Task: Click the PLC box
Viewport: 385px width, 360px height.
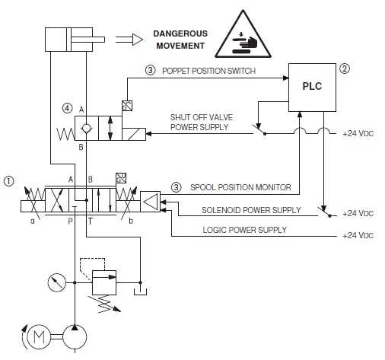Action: click(x=312, y=88)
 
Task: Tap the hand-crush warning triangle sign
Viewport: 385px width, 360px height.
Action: click(x=243, y=36)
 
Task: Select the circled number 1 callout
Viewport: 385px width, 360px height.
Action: click(x=9, y=181)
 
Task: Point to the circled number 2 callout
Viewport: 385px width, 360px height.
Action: click(x=345, y=68)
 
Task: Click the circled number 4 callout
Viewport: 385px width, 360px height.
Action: click(x=67, y=109)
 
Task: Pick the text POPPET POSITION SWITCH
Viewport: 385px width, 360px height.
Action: click(x=208, y=71)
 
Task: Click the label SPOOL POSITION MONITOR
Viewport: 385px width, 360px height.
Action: click(x=240, y=187)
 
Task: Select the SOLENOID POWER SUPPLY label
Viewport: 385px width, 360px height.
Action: click(x=251, y=210)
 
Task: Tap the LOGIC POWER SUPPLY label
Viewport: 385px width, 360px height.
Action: click(x=244, y=230)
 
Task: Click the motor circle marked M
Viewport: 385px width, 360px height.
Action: click(x=39, y=337)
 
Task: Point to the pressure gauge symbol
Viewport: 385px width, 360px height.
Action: click(x=57, y=282)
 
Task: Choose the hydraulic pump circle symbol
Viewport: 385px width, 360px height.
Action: click(x=75, y=337)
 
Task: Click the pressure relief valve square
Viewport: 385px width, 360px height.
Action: click(x=104, y=282)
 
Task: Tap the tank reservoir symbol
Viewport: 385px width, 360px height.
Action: click(x=140, y=292)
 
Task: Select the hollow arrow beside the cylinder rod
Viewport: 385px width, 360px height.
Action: click(x=129, y=40)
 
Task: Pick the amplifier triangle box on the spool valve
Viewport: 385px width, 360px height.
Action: click(x=150, y=202)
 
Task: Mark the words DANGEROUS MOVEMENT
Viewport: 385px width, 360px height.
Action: click(x=180, y=40)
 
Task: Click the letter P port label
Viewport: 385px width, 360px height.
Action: click(x=71, y=221)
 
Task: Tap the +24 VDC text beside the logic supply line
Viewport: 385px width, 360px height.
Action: click(x=358, y=236)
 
